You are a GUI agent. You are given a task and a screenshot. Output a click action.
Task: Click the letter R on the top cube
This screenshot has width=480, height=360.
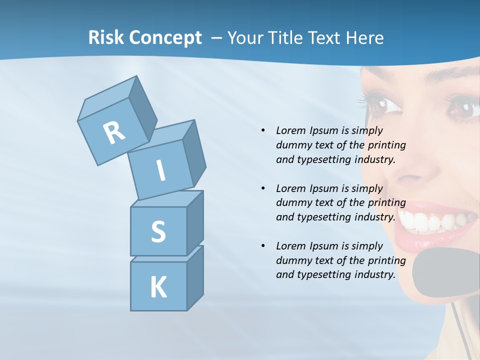(114, 132)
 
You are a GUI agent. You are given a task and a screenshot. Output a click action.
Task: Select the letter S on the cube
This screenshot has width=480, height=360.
(158, 231)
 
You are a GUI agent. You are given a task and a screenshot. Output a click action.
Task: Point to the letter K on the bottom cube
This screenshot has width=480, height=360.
(158, 287)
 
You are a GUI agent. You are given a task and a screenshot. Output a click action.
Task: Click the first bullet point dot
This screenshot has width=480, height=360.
(263, 130)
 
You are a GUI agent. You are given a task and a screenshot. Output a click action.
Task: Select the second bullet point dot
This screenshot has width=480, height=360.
(263, 188)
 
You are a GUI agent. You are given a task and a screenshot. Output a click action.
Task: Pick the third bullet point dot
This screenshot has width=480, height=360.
(263, 246)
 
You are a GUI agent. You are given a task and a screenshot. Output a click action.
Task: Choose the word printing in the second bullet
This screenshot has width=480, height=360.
(386, 203)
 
